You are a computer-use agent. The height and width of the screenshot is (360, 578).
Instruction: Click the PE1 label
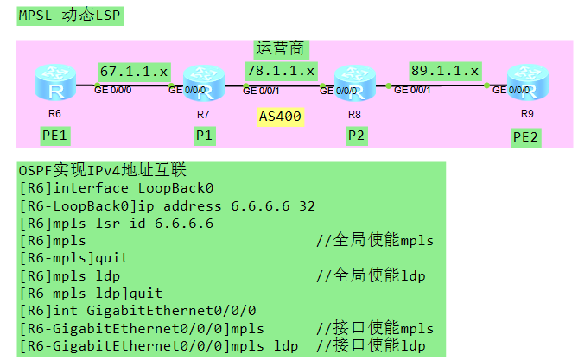(x=54, y=136)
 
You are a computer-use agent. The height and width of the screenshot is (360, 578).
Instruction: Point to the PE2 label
(x=526, y=136)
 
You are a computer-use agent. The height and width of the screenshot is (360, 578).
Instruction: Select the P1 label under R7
(x=204, y=136)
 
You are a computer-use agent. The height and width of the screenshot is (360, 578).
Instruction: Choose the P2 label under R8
(x=356, y=136)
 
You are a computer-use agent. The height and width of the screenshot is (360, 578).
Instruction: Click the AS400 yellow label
(x=281, y=116)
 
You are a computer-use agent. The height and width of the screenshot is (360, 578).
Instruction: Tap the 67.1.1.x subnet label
(x=134, y=71)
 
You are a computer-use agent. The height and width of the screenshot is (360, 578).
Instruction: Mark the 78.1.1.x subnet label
(x=281, y=70)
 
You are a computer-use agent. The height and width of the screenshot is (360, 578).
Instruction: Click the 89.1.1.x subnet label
(x=445, y=70)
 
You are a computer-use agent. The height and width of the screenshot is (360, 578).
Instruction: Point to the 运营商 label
(x=282, y=48)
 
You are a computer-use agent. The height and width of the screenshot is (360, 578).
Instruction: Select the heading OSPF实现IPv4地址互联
(x=103, y=171)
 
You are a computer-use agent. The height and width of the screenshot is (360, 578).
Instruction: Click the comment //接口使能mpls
(x=374, y=328)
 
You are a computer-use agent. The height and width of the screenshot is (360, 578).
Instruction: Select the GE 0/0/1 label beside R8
(x=412, y=90)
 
